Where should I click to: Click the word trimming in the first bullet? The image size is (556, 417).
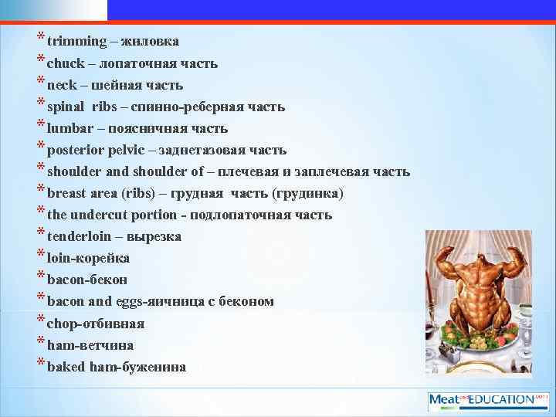coord(74,42)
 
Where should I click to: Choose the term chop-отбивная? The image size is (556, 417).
coord(96,323)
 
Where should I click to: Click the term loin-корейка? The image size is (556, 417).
coord(88,258)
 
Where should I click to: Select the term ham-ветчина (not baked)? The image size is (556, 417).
coord(90,344)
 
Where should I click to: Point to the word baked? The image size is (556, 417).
coord(66,366)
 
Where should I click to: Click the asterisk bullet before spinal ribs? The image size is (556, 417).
coord(39,104)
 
